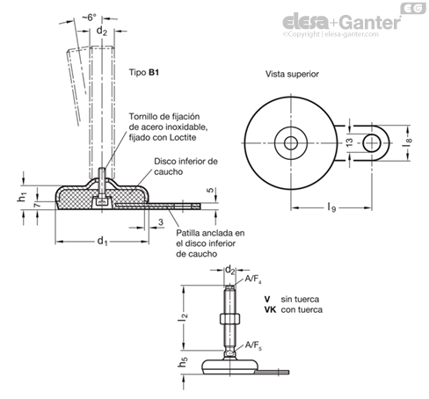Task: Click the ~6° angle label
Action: (x=89, y=18)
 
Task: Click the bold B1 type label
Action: (x=154, y=72)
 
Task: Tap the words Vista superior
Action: (x=292, y=74)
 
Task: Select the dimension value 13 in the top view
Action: (x=350, y=142)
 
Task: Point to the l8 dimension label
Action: (x=408, y=142)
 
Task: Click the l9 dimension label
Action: (x=331, y=207)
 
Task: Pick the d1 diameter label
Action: (x=102, y=242)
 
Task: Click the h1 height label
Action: (x=22, y=197)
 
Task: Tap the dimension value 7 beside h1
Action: (x=38, y=204)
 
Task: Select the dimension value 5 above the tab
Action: (x=210, y=190)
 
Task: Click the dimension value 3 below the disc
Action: (x=161, y=222)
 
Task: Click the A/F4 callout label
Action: (x=253, y=279)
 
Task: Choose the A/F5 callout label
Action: (x=253, y=345)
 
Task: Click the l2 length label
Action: (x=184, y=317)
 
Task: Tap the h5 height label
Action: (x=183, y=362)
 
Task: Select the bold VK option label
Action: (x=270, y=309)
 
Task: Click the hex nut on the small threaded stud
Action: (x=229, y=318)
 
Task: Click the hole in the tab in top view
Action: (x=372, y=143)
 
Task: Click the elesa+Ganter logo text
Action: (x=342, y=22)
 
